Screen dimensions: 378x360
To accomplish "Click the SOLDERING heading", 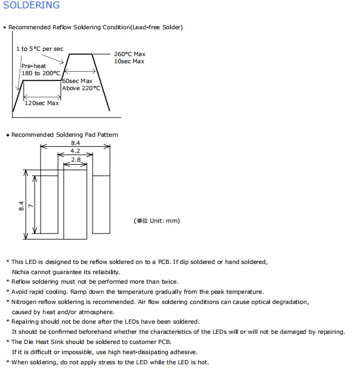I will point(32,5).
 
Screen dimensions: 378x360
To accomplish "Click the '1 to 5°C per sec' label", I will point(39,48).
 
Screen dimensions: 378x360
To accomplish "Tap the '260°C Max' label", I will point(130,54).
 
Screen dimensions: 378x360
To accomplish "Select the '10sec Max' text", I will point(130,62).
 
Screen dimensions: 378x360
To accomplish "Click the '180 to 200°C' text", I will point(41,73).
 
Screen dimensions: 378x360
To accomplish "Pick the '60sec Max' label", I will point(78,81).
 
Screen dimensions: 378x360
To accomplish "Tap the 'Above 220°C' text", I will point(81,88).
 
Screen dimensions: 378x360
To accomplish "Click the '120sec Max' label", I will point(42,103).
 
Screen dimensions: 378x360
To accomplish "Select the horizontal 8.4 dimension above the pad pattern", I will point(75,143).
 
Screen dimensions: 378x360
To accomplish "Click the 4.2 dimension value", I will point(75,152).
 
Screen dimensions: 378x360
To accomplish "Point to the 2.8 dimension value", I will point(75,160).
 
